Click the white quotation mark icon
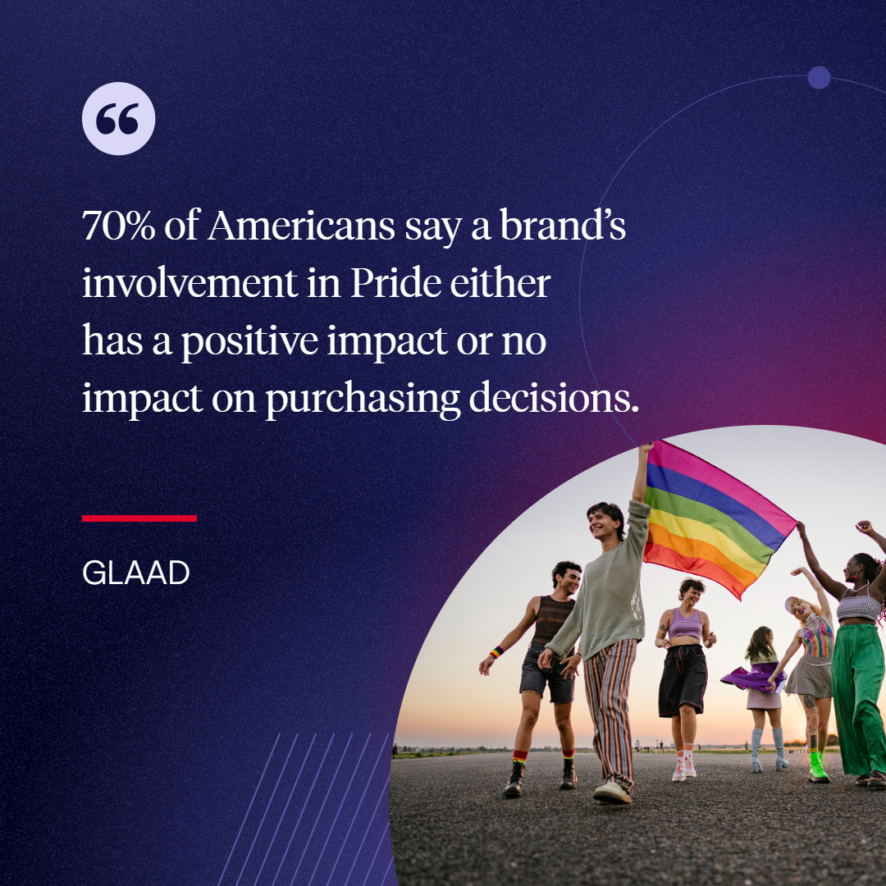pos(118,119)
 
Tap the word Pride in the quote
pos(396,284)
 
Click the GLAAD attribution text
pos(135,573)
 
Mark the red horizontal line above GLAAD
pos(139,518)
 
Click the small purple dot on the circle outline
pos(819,78)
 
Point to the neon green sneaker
pos(818,769)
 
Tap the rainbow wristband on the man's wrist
pos(496,653)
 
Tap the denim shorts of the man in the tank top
pos(546,676)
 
